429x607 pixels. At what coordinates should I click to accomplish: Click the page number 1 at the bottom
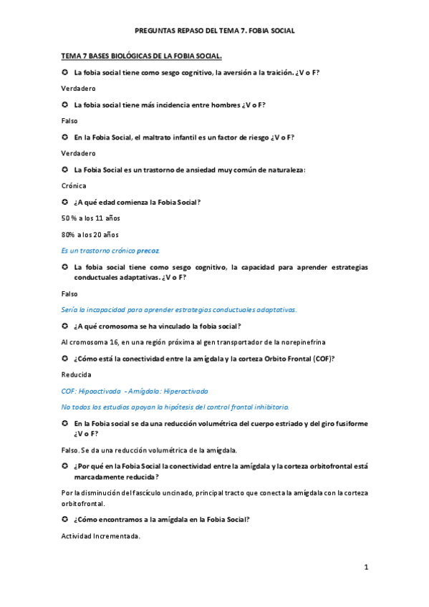click(365, 568)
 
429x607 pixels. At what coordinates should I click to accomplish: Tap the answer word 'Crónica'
click(74, 185)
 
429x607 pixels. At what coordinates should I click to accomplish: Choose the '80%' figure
click(69, 235)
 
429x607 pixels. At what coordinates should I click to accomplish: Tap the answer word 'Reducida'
click(77, 374)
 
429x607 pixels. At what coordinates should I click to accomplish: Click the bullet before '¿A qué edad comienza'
click(64, 202)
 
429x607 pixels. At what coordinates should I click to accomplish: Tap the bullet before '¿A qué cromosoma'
click(64, 326)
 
